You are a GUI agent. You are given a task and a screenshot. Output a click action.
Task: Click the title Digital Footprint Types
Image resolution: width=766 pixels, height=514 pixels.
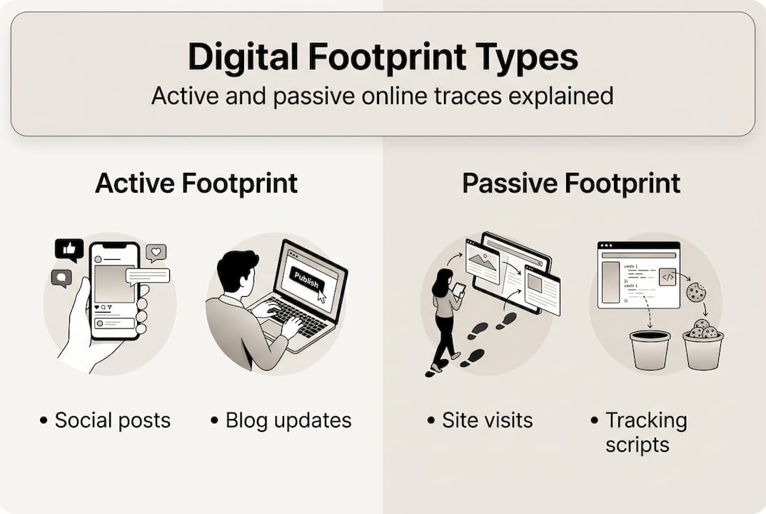pos(383,58)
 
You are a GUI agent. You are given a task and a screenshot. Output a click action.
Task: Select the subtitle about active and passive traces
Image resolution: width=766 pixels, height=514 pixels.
pos(383,96)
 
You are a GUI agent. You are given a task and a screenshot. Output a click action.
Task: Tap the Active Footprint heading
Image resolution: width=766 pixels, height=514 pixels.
pos(196,183)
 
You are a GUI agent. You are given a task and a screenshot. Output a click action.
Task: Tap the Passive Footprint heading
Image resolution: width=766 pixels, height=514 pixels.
pos(570,183)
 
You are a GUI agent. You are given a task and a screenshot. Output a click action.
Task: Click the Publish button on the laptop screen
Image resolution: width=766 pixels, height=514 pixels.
pos(306,279)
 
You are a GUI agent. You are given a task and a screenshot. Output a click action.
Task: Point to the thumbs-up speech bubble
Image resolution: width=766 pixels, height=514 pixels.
pos(69,250)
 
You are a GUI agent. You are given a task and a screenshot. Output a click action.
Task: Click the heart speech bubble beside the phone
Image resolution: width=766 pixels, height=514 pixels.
pos(156,252)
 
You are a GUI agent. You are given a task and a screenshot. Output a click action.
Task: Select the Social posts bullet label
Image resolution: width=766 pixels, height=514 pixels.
pos(112,420)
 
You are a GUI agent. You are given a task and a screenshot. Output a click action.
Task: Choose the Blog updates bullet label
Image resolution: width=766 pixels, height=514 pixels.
pos(288,420)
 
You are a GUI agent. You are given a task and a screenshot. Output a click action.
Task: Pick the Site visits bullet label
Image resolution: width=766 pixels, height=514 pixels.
pos(487,420)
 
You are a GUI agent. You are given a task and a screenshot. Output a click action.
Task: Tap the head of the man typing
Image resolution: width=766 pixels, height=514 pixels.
pos(236,271)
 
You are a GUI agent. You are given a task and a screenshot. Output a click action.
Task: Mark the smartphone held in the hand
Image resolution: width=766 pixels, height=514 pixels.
pos(114,289)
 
